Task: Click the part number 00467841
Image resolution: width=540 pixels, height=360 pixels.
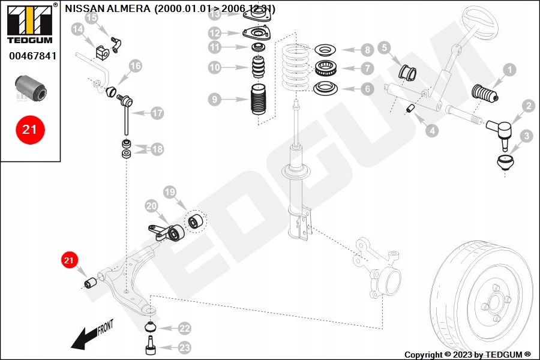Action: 32,56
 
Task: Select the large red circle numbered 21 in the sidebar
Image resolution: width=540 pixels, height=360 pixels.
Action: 30,129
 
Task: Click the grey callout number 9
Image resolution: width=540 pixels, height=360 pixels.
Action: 215,98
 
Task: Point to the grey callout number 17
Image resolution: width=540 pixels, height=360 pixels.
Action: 157,112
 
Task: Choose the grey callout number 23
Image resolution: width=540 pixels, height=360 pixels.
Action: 184,347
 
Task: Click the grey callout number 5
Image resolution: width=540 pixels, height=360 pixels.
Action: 385,47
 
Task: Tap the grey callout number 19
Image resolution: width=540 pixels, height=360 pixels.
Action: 170,192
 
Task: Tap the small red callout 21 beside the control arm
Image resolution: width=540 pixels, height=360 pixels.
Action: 68,260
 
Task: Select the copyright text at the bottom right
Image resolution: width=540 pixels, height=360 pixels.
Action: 467,355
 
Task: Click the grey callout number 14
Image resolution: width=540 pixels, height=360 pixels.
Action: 77,29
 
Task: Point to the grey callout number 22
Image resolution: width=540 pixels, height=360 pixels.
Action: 184,328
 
